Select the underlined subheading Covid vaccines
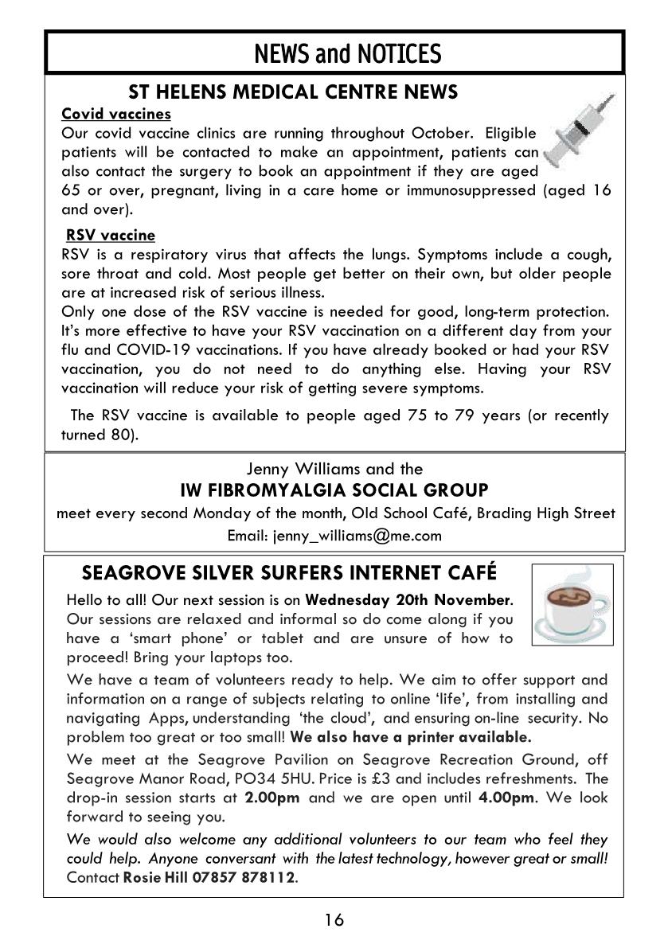116,114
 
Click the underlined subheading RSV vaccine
111,236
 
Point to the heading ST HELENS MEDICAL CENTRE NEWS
293,92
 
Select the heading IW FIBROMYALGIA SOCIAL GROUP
334,490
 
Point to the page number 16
334,921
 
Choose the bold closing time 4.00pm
506,798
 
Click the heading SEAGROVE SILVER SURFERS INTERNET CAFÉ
289,573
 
